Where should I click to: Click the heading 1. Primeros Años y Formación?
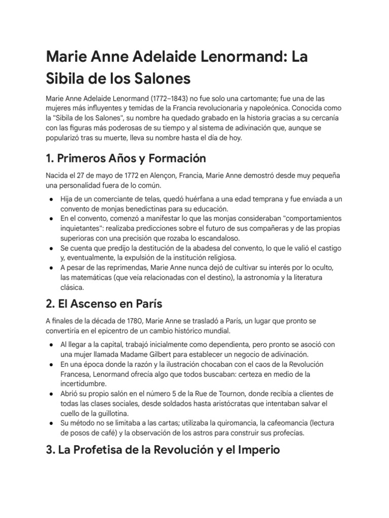126,158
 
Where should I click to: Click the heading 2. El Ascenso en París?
104,305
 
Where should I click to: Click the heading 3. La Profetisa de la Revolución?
163,450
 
